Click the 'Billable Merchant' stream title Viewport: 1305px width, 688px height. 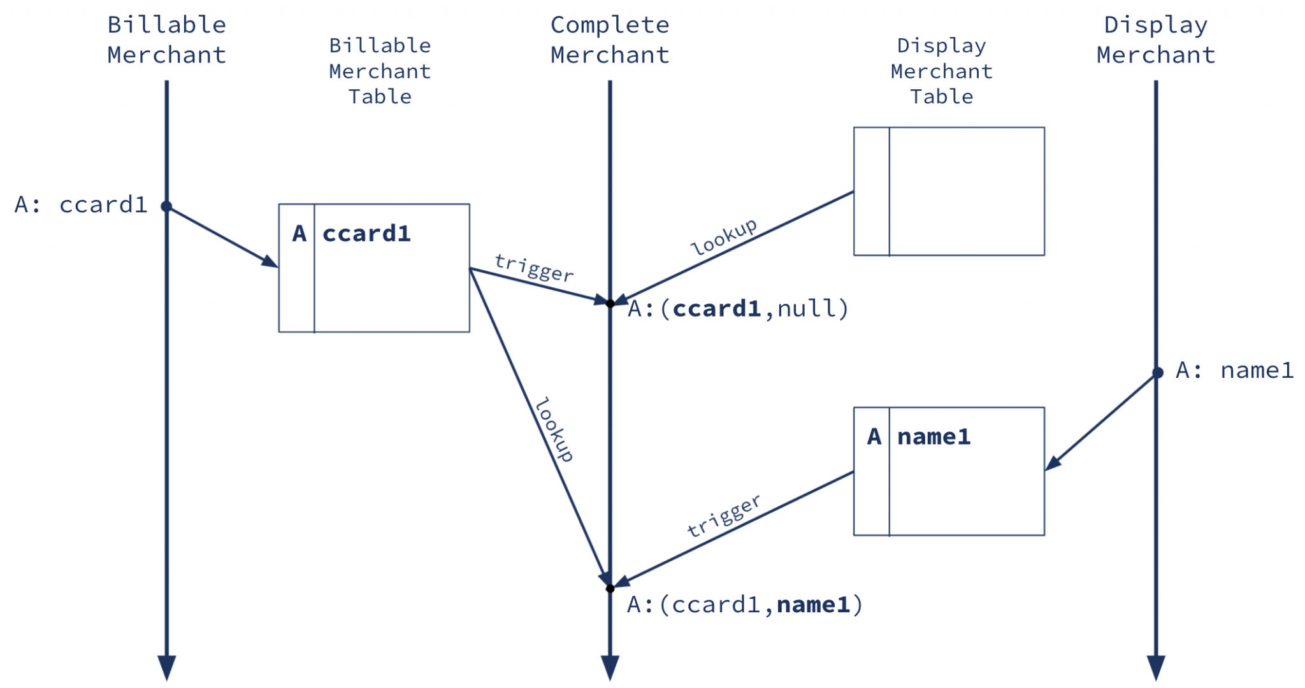[166, 39]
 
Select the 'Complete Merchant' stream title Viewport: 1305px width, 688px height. [610, 39]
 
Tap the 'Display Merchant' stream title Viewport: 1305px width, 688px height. [1155, 39]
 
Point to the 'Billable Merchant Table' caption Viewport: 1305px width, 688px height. [380, 71]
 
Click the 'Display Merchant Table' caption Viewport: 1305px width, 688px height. [941, 71]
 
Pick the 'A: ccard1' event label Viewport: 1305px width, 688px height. [81, 205]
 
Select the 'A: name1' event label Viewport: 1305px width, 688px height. [1234, 370]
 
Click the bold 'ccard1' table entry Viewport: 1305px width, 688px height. [366, 234]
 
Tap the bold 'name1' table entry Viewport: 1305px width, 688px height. [934, 437]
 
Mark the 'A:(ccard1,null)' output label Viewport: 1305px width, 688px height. [738, 309]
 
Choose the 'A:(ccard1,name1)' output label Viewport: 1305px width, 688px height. [744, 605]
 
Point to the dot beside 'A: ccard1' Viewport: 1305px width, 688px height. [166, 206]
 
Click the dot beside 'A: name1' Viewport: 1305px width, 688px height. [1158, 373]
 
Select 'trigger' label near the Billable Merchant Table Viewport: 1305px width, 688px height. [534, 268]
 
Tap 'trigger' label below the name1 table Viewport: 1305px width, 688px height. [723, 515]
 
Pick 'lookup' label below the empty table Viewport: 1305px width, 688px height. [724, 237]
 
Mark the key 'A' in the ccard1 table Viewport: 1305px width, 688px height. [299, 234]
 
